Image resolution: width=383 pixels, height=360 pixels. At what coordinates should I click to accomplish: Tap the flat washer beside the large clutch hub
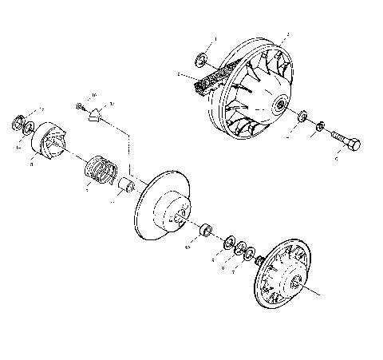pos(302,118)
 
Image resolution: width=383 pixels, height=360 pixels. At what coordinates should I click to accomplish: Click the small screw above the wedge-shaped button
pos(81,105)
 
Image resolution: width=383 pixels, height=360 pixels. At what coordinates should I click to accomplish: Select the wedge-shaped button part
pos(97,116)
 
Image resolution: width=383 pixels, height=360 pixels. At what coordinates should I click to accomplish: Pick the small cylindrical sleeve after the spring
pos(126,189)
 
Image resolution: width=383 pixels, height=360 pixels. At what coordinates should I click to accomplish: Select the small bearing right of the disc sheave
pos(207,231)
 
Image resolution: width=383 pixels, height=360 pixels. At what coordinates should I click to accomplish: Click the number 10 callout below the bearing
pos(187,248)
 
